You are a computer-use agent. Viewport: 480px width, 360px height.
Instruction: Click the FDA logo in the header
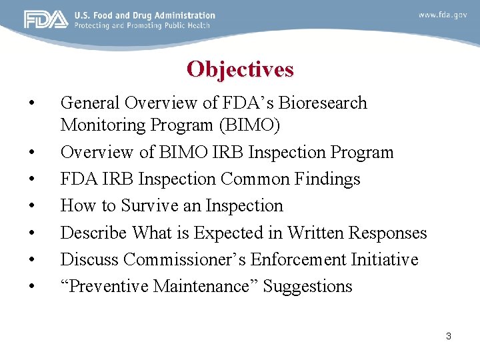click(46, 20)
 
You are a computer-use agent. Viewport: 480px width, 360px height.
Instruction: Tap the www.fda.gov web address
click(443, 15)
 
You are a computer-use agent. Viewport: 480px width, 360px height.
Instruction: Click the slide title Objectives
click(240, 69)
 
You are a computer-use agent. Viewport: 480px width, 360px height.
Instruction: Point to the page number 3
click(449, 336)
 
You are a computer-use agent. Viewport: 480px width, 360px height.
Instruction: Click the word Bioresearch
click(323, 103)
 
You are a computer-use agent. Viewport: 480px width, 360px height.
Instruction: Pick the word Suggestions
click(307, 287)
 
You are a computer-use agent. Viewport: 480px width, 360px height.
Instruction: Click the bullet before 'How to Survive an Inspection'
click(31, 207)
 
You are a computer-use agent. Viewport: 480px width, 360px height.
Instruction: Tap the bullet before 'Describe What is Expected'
click(31, 233)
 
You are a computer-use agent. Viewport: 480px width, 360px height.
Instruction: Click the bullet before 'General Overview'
click(31, 104)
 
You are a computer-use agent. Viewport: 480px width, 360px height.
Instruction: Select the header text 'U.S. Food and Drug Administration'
click(145, 15)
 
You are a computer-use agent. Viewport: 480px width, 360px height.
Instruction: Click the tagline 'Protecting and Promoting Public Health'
click(142, 25)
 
